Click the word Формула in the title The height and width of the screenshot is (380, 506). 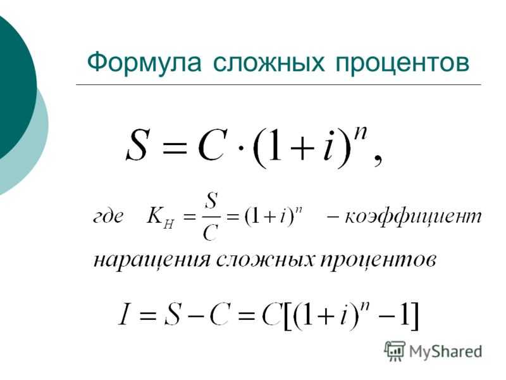coord(145,63)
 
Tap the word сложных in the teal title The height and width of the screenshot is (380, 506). coord(269,62)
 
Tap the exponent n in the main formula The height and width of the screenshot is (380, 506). coord(360,132)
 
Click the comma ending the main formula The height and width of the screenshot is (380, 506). coord(378,160)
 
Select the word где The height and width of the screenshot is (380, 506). coord(108,217)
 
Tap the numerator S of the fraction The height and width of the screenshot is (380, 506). coord(211,201)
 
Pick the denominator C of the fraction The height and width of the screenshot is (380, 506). coord(211,232)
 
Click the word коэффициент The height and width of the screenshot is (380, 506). coord(413,217)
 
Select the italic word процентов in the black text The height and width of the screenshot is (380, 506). coord(378,260)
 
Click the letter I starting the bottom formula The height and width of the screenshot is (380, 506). coord(124,313)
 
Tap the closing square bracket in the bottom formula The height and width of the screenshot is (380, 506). coord(414,316)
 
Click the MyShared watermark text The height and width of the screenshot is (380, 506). coord(445,351)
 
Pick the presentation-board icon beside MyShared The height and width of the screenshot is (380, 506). coord(395,351)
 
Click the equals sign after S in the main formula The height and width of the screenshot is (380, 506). coord(175,148)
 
